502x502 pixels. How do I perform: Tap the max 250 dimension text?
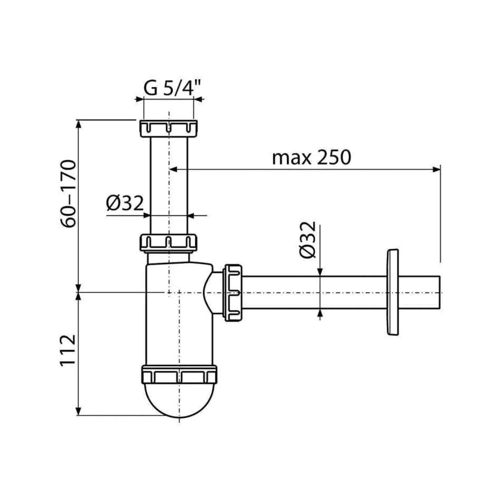[x=311, y=158]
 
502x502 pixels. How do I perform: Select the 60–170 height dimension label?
[x=69, y=194]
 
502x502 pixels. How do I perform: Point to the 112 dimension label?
[x=68, y=349]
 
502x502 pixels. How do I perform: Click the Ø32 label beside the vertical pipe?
[x=125, y=203]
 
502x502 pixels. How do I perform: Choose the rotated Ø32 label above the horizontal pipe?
[x=307, y=239]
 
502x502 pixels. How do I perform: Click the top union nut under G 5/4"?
[x=169, y=128]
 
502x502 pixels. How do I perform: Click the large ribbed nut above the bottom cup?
[x=179, y=375]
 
